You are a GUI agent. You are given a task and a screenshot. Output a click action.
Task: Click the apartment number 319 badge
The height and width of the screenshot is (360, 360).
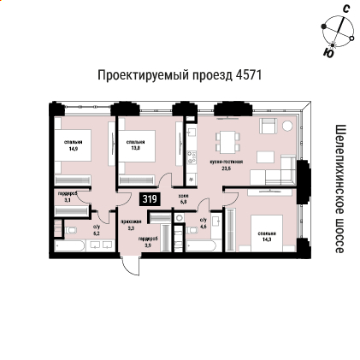(150, 199)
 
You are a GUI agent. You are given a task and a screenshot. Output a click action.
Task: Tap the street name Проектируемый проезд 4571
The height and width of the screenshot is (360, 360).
(180, 75)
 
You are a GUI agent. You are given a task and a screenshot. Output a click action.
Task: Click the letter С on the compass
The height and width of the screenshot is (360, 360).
(345, 9)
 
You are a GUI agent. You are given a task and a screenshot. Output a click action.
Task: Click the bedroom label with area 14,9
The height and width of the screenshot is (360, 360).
(74, 145)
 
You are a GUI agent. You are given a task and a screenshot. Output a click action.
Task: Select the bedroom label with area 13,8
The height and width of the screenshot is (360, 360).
(135, 145)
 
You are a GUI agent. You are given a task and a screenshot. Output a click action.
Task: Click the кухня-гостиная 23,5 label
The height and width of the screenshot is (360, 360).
(226, 164)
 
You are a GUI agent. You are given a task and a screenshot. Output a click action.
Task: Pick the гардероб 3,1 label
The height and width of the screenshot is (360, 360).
(68, 197)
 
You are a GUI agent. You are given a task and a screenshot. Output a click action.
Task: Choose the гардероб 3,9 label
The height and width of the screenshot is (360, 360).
(147, 242)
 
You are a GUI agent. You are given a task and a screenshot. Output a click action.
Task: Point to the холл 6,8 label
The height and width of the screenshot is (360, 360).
(183, 198)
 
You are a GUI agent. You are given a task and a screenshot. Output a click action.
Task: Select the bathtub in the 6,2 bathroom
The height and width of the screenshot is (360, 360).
(68, 246)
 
